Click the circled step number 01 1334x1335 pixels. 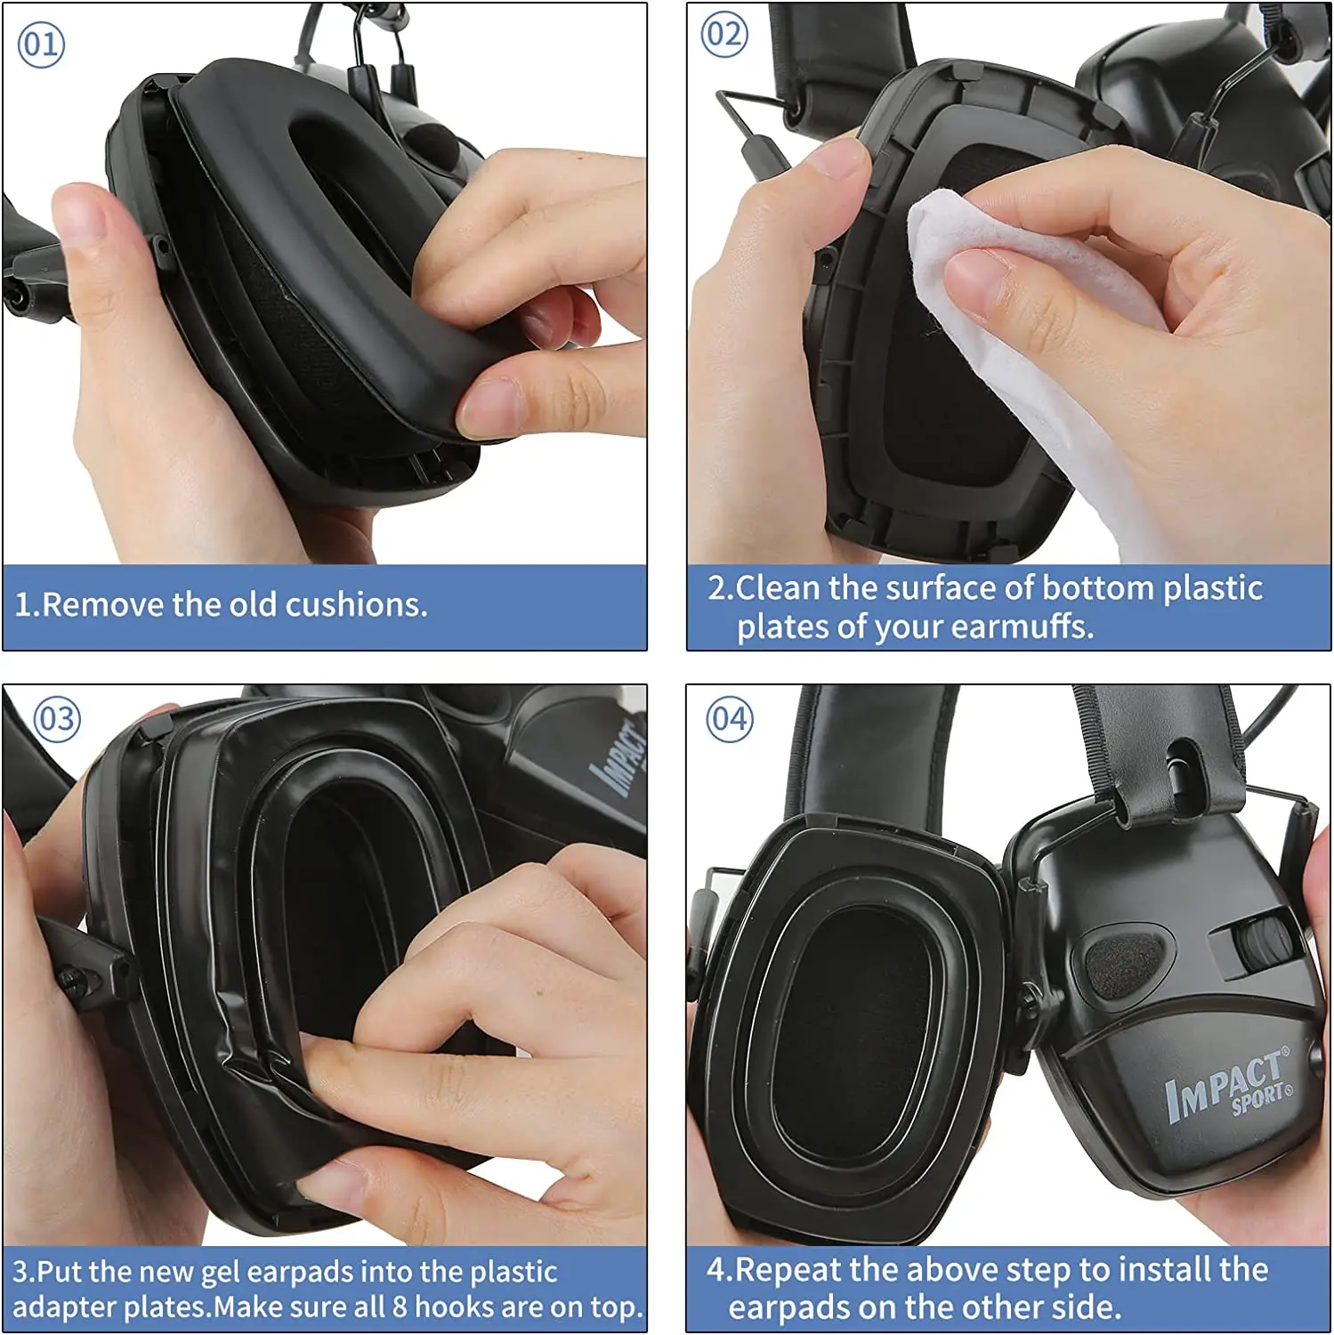coord(41,44)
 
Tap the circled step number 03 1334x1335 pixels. coord(57,719)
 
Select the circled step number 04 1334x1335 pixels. coord(729,719)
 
